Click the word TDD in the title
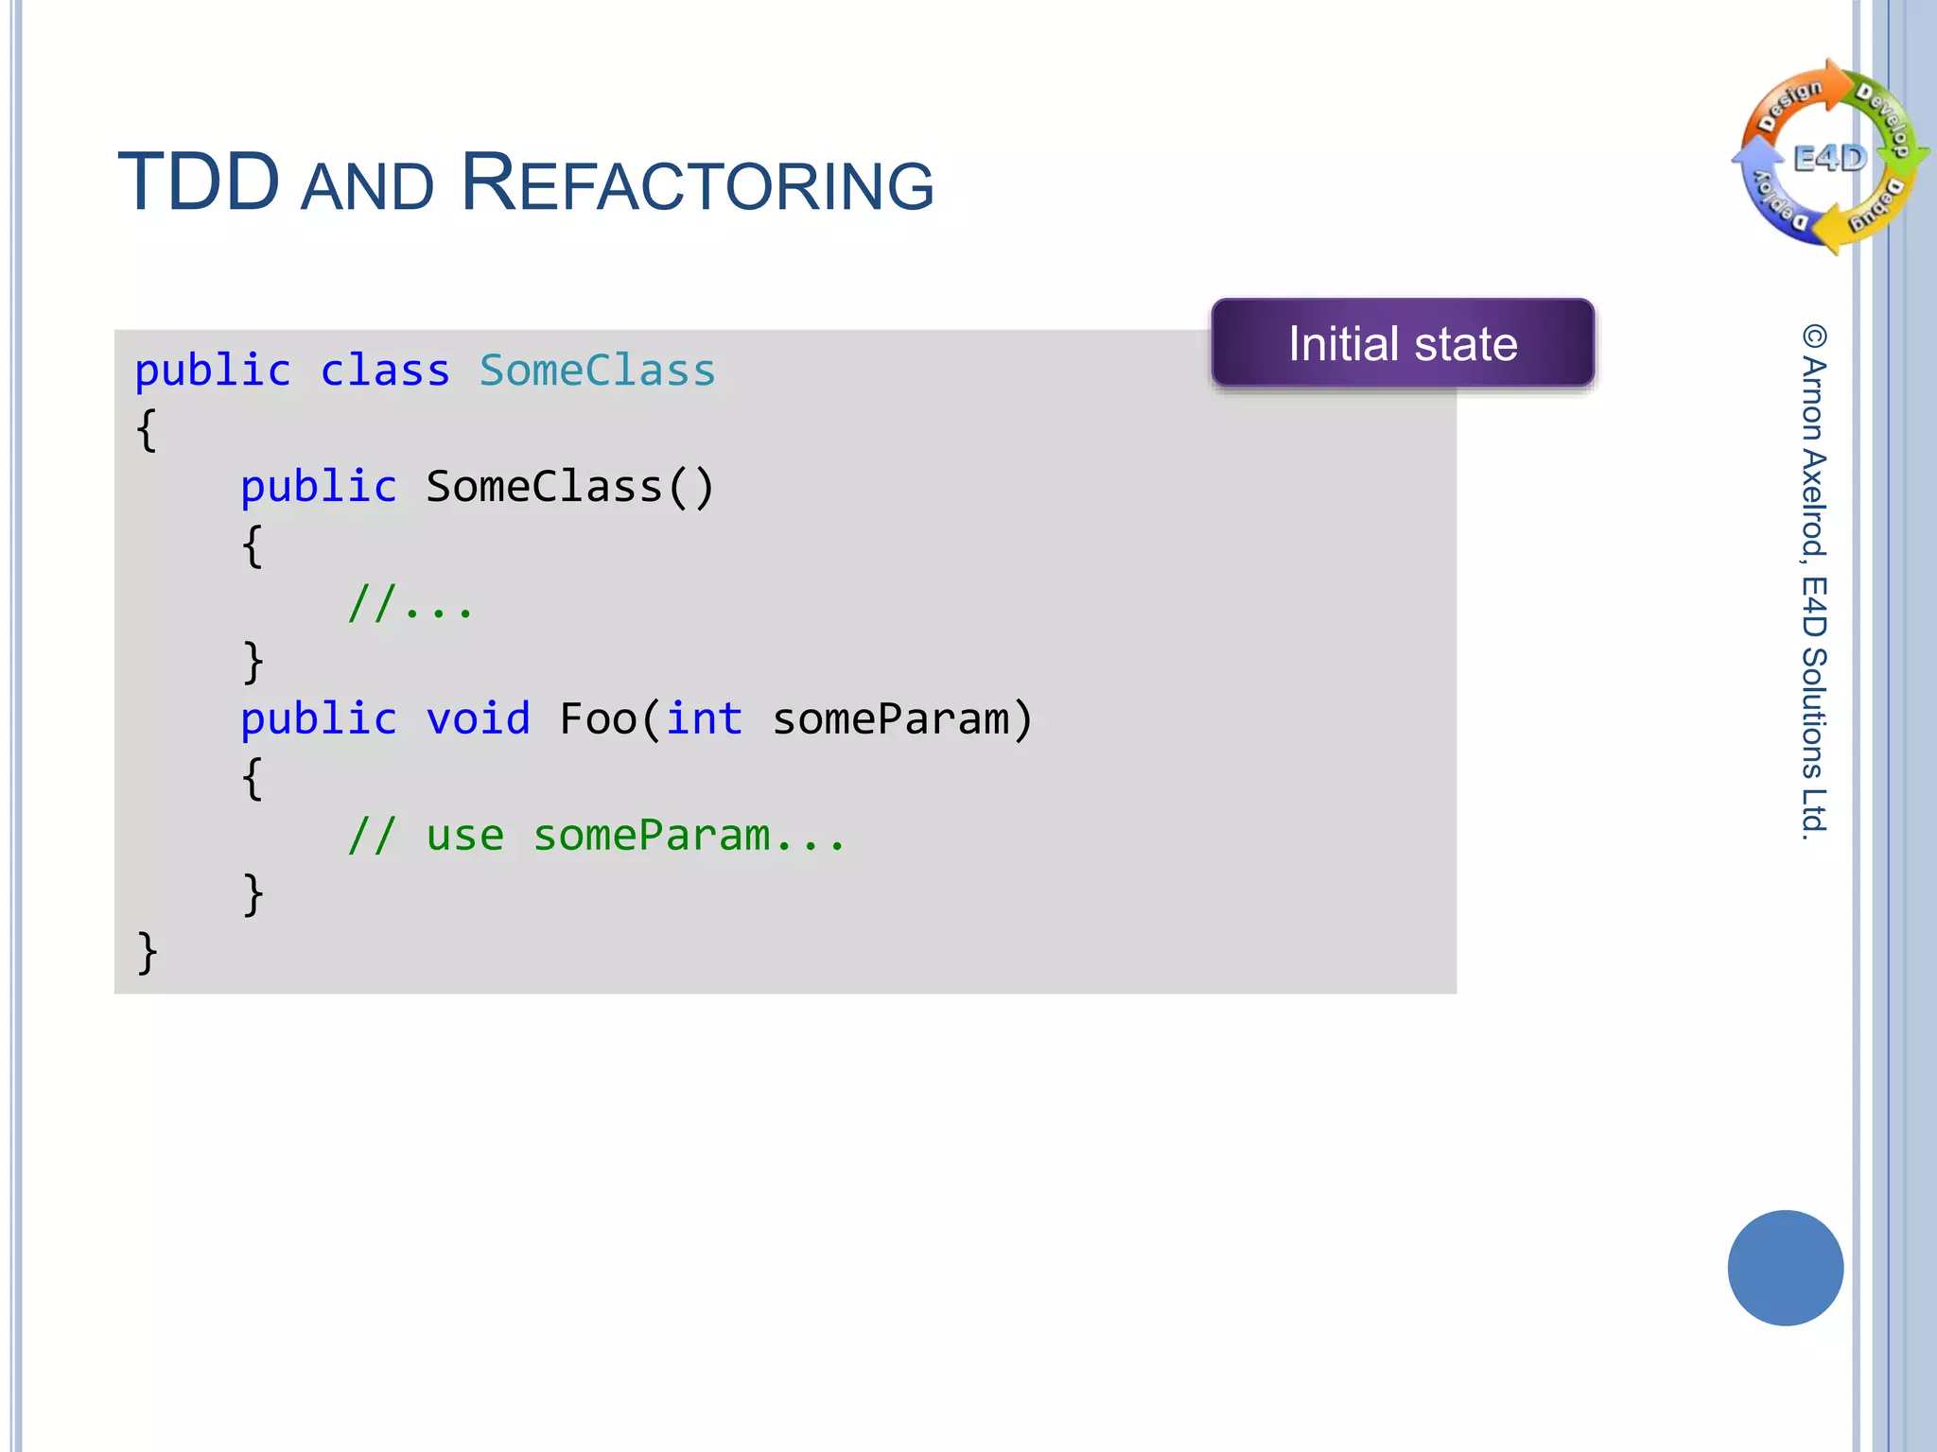click(199, 182)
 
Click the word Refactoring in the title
click(697, 182)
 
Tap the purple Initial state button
click(1403, 343)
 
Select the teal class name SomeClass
click(597, 371)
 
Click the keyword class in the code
click(384, 371)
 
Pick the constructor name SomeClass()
click(569, 487)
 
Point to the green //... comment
click(410, 603)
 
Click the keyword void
click(478, 719)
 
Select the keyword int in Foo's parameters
click(704, 719)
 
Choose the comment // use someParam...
click(596, 836)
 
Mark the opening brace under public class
click(147, 430)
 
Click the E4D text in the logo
click(1830, 158)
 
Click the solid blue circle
click(1785, 1268)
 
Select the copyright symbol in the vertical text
click(1814, 337)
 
